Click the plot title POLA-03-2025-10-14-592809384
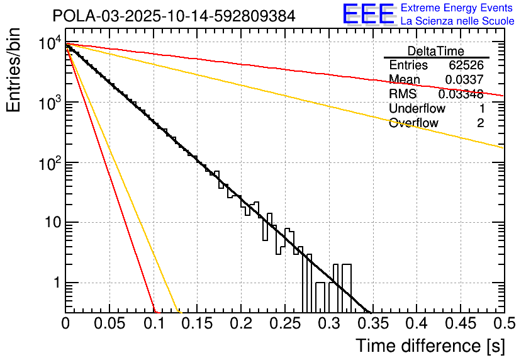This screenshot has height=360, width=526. coord(174,16)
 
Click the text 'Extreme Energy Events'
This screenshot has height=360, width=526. coord(457,8)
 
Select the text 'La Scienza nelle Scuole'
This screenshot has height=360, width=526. coord(457,21)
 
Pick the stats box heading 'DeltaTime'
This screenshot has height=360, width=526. coord(436,51)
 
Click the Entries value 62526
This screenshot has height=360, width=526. coord(466,65)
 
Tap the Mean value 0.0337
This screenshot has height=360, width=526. coord(464,80)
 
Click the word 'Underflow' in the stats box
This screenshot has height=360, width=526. coord(417,109)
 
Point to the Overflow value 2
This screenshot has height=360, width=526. coord(480,123)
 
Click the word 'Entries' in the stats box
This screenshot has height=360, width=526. coord(408,65)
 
